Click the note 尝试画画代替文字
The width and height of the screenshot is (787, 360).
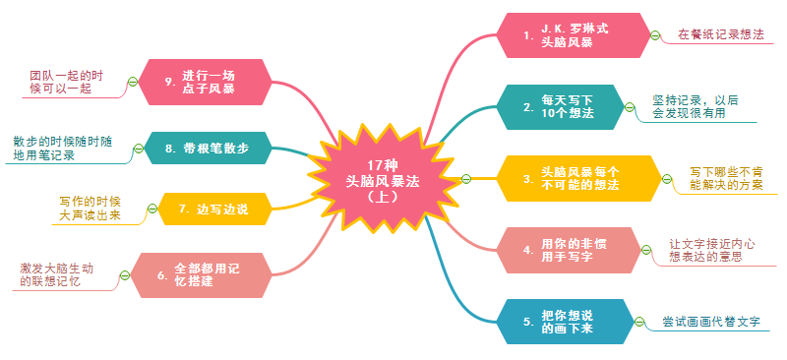712,322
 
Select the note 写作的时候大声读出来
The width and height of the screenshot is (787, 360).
90,209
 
